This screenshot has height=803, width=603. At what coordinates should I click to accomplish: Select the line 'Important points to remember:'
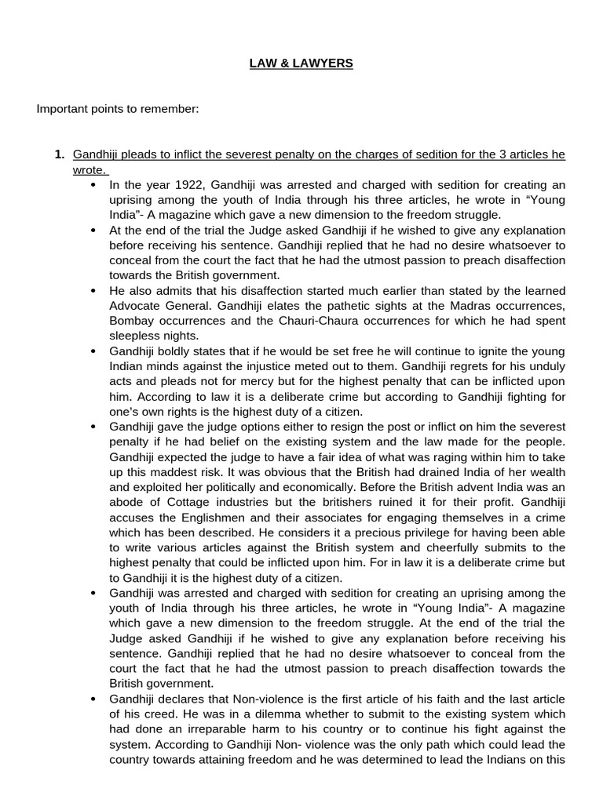pos(118,108)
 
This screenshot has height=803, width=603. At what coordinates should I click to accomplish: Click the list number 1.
pos(58,154)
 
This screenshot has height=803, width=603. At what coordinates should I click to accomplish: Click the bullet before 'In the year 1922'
pos(94,185)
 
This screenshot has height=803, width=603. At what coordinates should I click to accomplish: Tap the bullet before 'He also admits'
pos(94,289)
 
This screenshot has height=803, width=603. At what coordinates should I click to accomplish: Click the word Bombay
pos(133,319)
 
